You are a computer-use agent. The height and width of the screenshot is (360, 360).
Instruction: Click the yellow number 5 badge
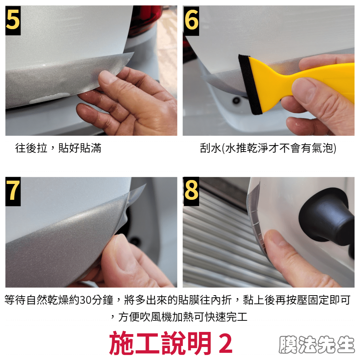(13, 21)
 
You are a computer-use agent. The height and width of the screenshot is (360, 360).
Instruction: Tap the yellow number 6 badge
(191, 21)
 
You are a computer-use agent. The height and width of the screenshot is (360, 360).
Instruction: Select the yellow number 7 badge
(13, 191)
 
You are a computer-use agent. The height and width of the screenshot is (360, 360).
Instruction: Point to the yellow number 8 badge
(191, 191)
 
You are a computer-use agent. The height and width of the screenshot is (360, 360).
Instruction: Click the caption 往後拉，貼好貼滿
(58, 148)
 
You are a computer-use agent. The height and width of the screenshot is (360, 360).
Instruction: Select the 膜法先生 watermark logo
(316, 344)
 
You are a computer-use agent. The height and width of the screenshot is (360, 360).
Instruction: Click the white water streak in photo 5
(49, 98)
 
